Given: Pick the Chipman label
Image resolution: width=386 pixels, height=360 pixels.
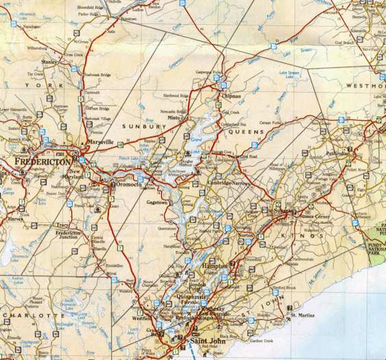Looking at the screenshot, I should pyautogui.click(x=232, y=97).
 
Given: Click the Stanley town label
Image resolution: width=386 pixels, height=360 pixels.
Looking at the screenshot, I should pyautogui.click(x=49, y=62).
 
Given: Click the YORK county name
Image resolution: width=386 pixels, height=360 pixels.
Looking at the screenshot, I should pyautogui.click(x=38, y=85).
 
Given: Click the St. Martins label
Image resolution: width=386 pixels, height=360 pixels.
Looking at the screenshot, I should pyautogui.click(x=302, y=315).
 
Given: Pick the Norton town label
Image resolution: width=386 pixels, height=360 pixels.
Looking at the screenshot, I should pyautogui.click(x=245, y=235).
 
